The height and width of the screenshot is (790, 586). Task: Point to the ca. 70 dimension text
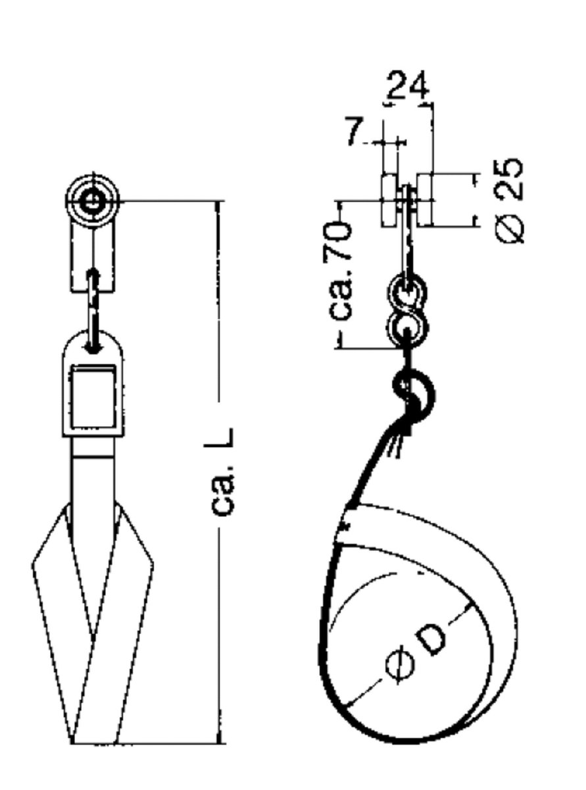341,270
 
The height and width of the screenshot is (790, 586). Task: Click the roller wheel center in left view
93,201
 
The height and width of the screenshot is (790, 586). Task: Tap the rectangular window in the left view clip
93,398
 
